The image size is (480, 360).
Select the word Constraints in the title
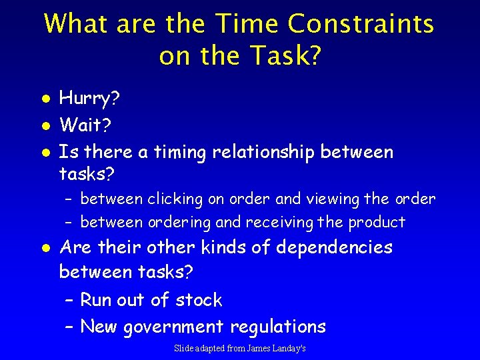(x=361, y=25)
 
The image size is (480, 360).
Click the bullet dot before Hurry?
(x=44, y=99)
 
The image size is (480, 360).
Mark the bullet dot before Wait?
(x=44, y=125)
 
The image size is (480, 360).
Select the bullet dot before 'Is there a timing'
(x=44, y=153)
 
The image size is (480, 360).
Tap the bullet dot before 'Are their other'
(x=44, y=248)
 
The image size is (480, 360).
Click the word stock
(x=199, y=300)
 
